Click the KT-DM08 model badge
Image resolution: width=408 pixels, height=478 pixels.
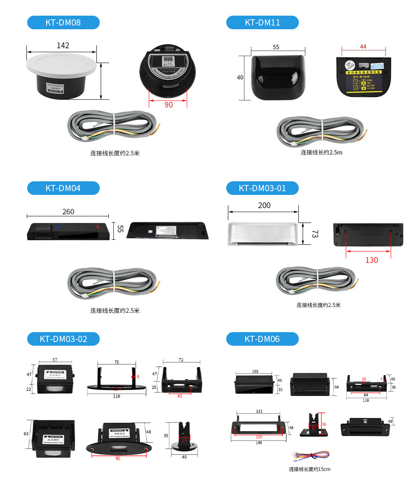[x=63, y=23]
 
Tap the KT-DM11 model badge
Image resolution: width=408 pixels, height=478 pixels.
[x=262, y=23]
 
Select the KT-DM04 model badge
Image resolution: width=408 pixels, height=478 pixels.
[x=63, y=188]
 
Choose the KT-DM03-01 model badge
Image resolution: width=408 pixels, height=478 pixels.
[x=262, y=188]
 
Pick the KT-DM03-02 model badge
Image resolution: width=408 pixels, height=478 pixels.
[x=63, y=339]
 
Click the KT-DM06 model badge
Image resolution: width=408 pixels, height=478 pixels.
[x=262, y=339]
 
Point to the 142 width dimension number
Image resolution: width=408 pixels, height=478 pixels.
[x=63, y=45]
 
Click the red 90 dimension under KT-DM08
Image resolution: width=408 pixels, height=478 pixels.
[x=169, y=105]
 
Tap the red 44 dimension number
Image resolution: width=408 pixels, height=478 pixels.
[x=363, y=47]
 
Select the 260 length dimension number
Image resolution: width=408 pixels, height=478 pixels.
[x=68, y=211]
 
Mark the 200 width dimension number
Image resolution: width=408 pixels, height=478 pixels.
[x=264, y=206]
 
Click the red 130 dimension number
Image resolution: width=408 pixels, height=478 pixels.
[x=371, y=260]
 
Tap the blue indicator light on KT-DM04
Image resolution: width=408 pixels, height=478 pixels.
[x=59, y=226]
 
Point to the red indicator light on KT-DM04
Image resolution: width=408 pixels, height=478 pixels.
[x=98, y=226]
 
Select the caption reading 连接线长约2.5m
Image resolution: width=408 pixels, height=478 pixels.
[x=321, y=152]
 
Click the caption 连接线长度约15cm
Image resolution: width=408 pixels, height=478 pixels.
[x=310, y=469]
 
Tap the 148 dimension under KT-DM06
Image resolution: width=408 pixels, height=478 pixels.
[x=258, y=443]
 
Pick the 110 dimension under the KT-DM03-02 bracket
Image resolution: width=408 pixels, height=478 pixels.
[x=117, y=396]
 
